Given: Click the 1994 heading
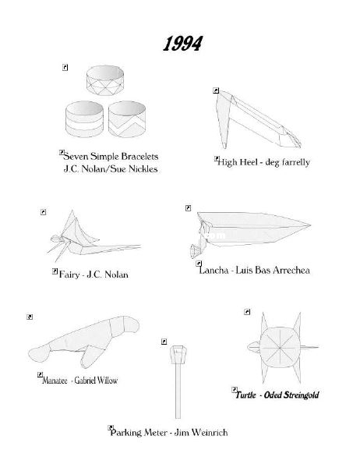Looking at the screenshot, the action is pyautogui.click(x=182, y=44).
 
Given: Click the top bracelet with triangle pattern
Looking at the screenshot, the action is pyautogui.click(x=105, y=81).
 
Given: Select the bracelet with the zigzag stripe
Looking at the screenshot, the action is pyautogui.click(x=127, y=119).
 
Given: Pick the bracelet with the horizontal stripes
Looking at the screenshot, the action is pyautogui.click(x=84, y=119).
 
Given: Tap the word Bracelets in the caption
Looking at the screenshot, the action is pyautogui.click(x=139, y=157).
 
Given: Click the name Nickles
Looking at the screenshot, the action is pyautogui.click(x=143, y=168).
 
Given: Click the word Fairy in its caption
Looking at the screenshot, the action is pyautogui.click(x=69, y=274).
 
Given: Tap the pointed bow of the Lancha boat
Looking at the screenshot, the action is pyautogui.click(x=310, y=225).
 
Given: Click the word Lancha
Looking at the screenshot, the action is pyautogui.click(x=214, y=270).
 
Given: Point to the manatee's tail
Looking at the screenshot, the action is pyautogui.click(x=39, y=353).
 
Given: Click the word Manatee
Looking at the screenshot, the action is pyautogui.click(x=55, y=381).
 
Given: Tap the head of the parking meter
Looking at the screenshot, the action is pyautogui.click(x=178, y=355).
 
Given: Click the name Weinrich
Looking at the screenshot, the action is pyautogui.click(x=210, y=433).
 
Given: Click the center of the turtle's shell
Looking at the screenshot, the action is pyautogui.click(x=280, y=348).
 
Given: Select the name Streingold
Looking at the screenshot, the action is pyautogui.click(x=301, y=395).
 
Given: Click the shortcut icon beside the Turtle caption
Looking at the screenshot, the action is pyautogui.click(x=235, y=390).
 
